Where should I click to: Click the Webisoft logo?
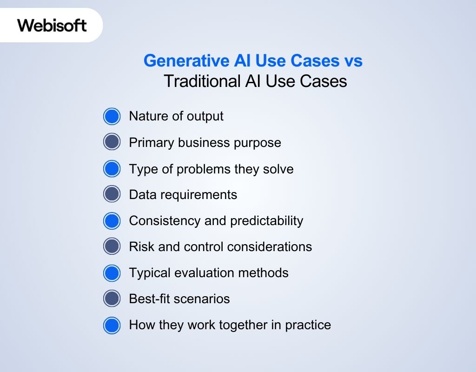[x=52, y=25]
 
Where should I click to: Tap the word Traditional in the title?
[x=201, y=81]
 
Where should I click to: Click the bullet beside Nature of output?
[x=112, y=116]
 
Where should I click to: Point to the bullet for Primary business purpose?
[x=112, y=142]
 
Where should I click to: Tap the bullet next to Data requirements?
[x=112, y=194]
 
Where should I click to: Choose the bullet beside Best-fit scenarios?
[x=112, y=299]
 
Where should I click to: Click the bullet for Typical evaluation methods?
[x=112, y=272]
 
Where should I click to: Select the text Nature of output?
[x=176, y=116]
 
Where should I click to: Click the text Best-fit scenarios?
[x=179, y=299]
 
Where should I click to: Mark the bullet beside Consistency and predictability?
[x=112, y=220]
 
